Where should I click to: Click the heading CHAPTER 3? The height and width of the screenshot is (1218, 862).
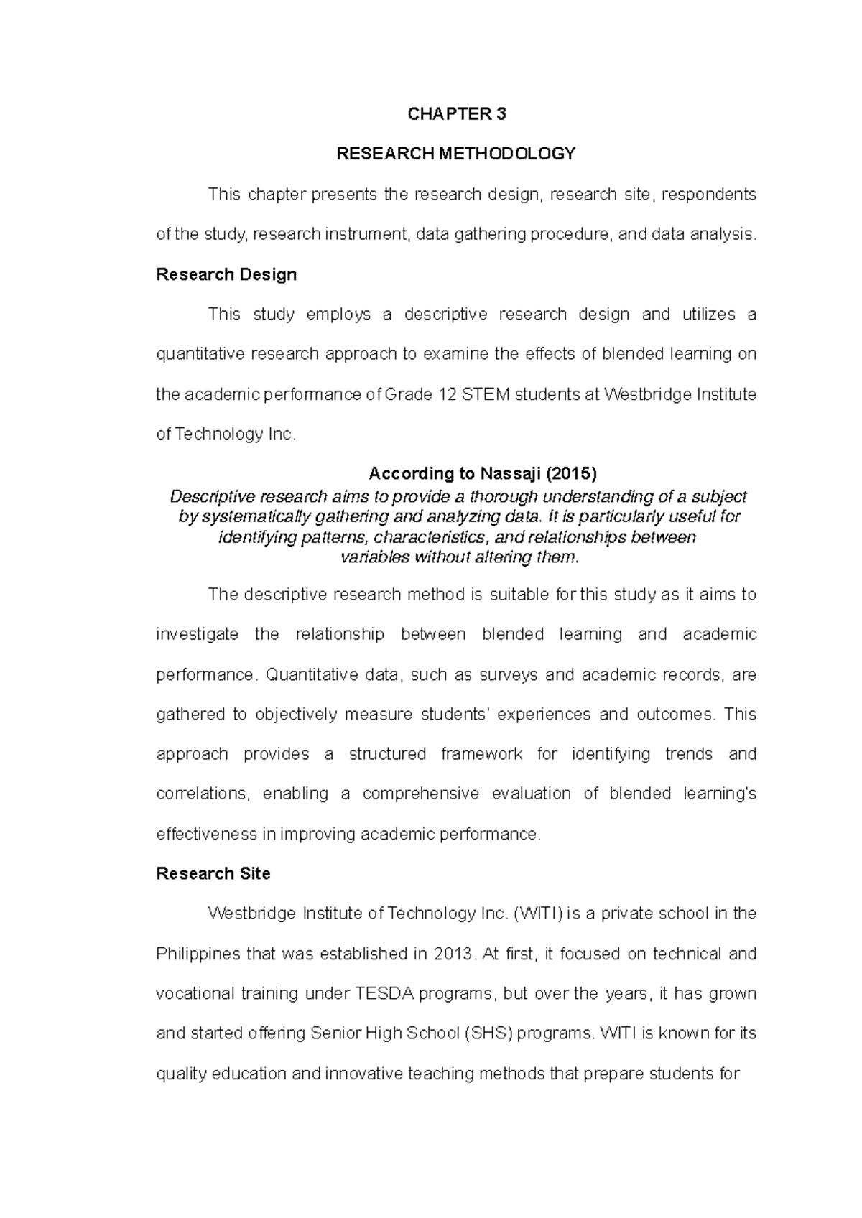coord(457,114)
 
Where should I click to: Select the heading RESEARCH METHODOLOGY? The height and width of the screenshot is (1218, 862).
coord(457,154)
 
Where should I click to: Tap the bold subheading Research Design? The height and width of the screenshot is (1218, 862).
coord(226,274)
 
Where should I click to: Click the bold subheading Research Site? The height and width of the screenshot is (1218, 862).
coord(213,873)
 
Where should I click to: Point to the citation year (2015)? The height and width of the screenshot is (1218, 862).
coord(571,473)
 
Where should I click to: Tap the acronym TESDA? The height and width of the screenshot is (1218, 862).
coord(385,993)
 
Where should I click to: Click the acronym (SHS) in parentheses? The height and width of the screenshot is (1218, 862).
coord(488,1033)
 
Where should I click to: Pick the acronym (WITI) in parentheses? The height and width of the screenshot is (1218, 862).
coord(538,913)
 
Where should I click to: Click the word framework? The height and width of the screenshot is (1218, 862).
coord(482,754)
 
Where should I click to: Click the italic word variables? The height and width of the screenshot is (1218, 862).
coord(374,557)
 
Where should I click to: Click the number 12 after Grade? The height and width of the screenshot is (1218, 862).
coord(445,394)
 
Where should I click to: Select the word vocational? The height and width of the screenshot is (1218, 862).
coord(187,993)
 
